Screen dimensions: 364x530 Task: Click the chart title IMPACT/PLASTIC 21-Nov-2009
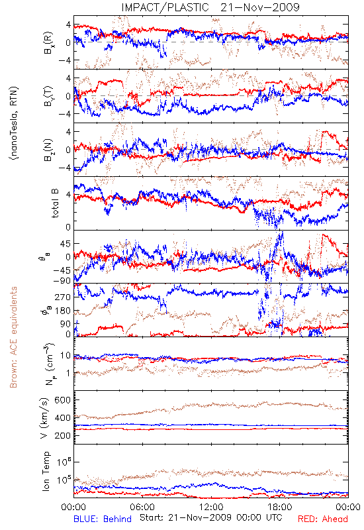click(210, 7)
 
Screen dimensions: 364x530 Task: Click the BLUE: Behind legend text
click(103, 519)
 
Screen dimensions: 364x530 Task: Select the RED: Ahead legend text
click(323, 519)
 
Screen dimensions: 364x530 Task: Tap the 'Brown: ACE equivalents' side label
click(13, 337)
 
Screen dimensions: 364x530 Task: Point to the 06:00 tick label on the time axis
click(142, 507)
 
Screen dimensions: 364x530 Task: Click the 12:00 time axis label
click(211, 507)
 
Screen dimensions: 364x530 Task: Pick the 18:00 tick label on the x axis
click(280, 507)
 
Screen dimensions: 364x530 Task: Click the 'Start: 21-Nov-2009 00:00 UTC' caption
click(211, 517)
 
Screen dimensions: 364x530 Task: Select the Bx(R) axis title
click(48, 42)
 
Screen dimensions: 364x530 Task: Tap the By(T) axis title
click(48, 96)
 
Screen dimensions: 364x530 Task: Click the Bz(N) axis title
click(48, 150)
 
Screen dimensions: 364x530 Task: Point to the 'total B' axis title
click(55, 203)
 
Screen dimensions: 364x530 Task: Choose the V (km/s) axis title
click(44, 418)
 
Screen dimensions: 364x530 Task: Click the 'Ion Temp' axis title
click(46, 471)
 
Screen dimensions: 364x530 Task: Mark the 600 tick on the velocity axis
click(63, 400)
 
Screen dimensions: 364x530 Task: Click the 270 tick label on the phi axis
click(63, 297)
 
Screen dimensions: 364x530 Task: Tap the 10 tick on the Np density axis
click(66, 356)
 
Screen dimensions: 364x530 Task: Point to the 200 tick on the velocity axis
click(63, 435)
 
